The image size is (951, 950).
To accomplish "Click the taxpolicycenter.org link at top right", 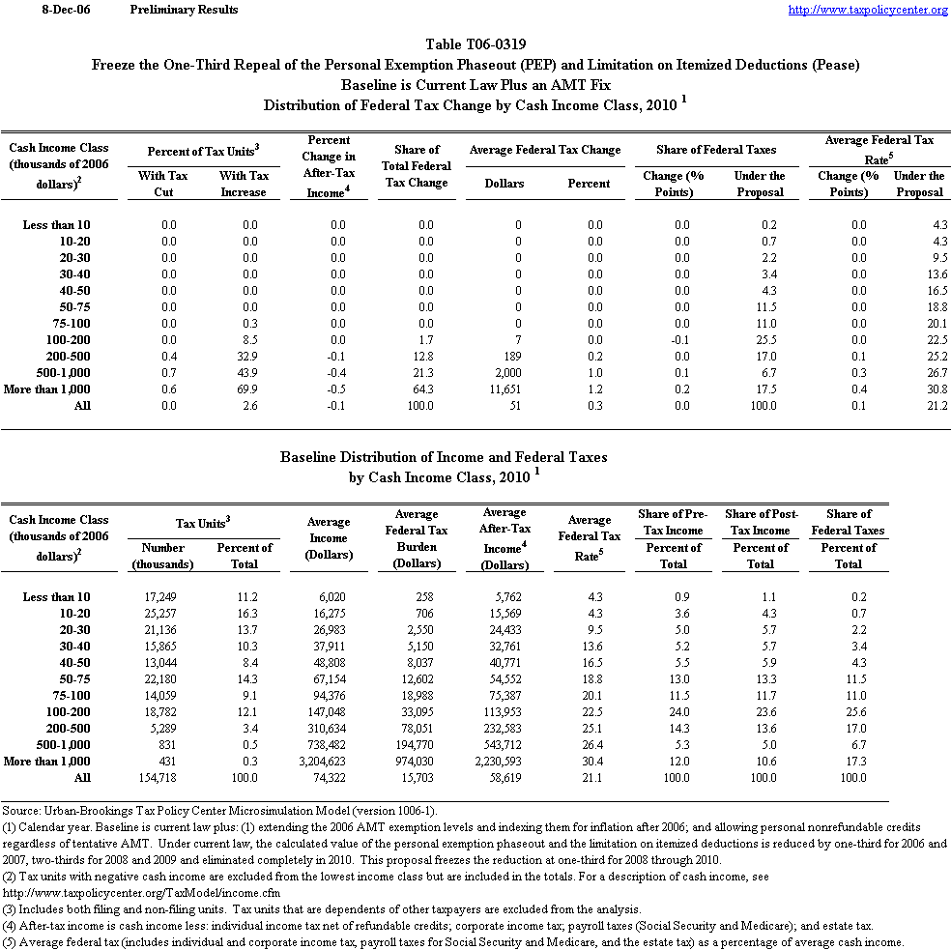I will pos(868,10).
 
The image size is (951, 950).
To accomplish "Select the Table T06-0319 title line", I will pos(475,45).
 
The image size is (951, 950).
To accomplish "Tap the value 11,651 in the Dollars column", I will pos(503,389).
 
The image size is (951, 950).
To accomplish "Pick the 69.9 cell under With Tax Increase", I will pos(245,389).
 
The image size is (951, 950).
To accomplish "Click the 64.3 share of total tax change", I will pos(419,389).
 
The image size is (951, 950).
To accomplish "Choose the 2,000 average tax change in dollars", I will pos(505,372).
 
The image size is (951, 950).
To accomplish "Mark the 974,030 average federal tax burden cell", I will pos(415,762).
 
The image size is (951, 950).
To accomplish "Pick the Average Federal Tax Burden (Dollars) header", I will pos(417,538).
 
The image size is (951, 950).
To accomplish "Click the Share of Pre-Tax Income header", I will pos(673,522).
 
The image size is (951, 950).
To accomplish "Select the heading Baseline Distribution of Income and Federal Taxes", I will pos(444,456).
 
